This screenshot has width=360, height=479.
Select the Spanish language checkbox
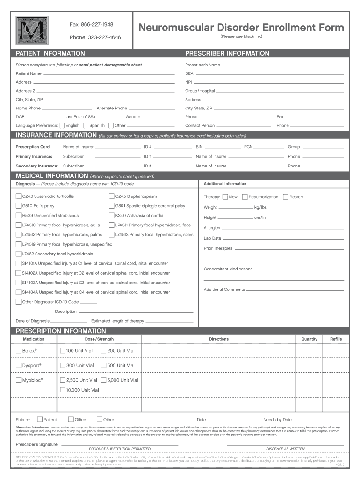point(86,125)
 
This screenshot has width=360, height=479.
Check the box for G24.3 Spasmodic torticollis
point(19,196)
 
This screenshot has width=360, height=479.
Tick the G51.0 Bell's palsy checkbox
point(19,206)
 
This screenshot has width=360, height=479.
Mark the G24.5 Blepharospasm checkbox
point(112,196)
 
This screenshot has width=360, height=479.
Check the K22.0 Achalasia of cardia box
point(112,216)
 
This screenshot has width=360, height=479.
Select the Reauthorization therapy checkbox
point(245,197)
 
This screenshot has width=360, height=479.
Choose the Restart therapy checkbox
point(286,197)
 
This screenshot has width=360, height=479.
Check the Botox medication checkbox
point(19,350)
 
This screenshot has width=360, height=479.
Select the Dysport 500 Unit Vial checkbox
point(103,365)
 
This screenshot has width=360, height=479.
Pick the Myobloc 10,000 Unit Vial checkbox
point(63,390)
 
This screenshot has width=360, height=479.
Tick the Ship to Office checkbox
point(71,420)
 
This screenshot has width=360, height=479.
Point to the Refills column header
point(336,339)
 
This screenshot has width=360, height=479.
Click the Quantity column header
point(309,339)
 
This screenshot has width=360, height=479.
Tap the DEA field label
point(189,73)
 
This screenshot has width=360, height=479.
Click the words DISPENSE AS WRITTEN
point(285,449)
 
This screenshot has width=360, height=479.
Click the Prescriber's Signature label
point(36,443)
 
